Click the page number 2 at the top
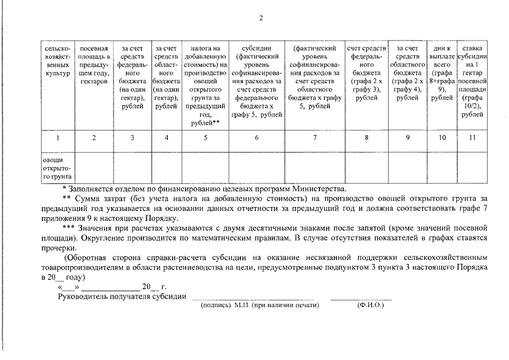pyautogui.click(x=260, y=17)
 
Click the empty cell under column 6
pyautogui.click(x=256, y=168)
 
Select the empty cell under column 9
pyautogui.click(x=408, y=168)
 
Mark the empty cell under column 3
pyautogui.click(x=132, y=168)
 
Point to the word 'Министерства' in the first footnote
pyautogui.click(x=322, y=189)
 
